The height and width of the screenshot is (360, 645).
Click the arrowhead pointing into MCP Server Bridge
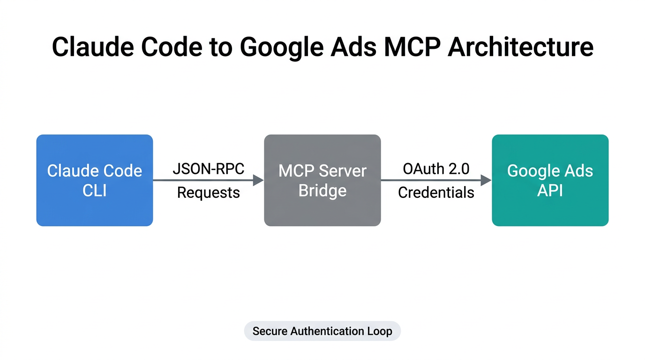[x=258, y=180]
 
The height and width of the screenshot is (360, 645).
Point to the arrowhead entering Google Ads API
[x=486, y=180]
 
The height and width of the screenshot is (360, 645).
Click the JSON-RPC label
[x=209, y=169]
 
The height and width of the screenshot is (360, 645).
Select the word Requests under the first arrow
[x=209, y=192]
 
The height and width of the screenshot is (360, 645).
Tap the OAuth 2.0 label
[x=436, y=169]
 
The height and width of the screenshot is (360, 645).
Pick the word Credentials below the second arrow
[x=436, y=192]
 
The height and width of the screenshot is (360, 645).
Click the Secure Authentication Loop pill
[x=322, y=331]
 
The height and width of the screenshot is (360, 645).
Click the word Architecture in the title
[x=520, y=48]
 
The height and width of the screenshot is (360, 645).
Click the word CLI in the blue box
[x=95, y=191]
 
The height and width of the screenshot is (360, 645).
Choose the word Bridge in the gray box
[x=322, y=191]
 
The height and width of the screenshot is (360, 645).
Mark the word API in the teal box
[x=550, y=191]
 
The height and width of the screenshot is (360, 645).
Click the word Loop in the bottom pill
[x=380, y=331]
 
